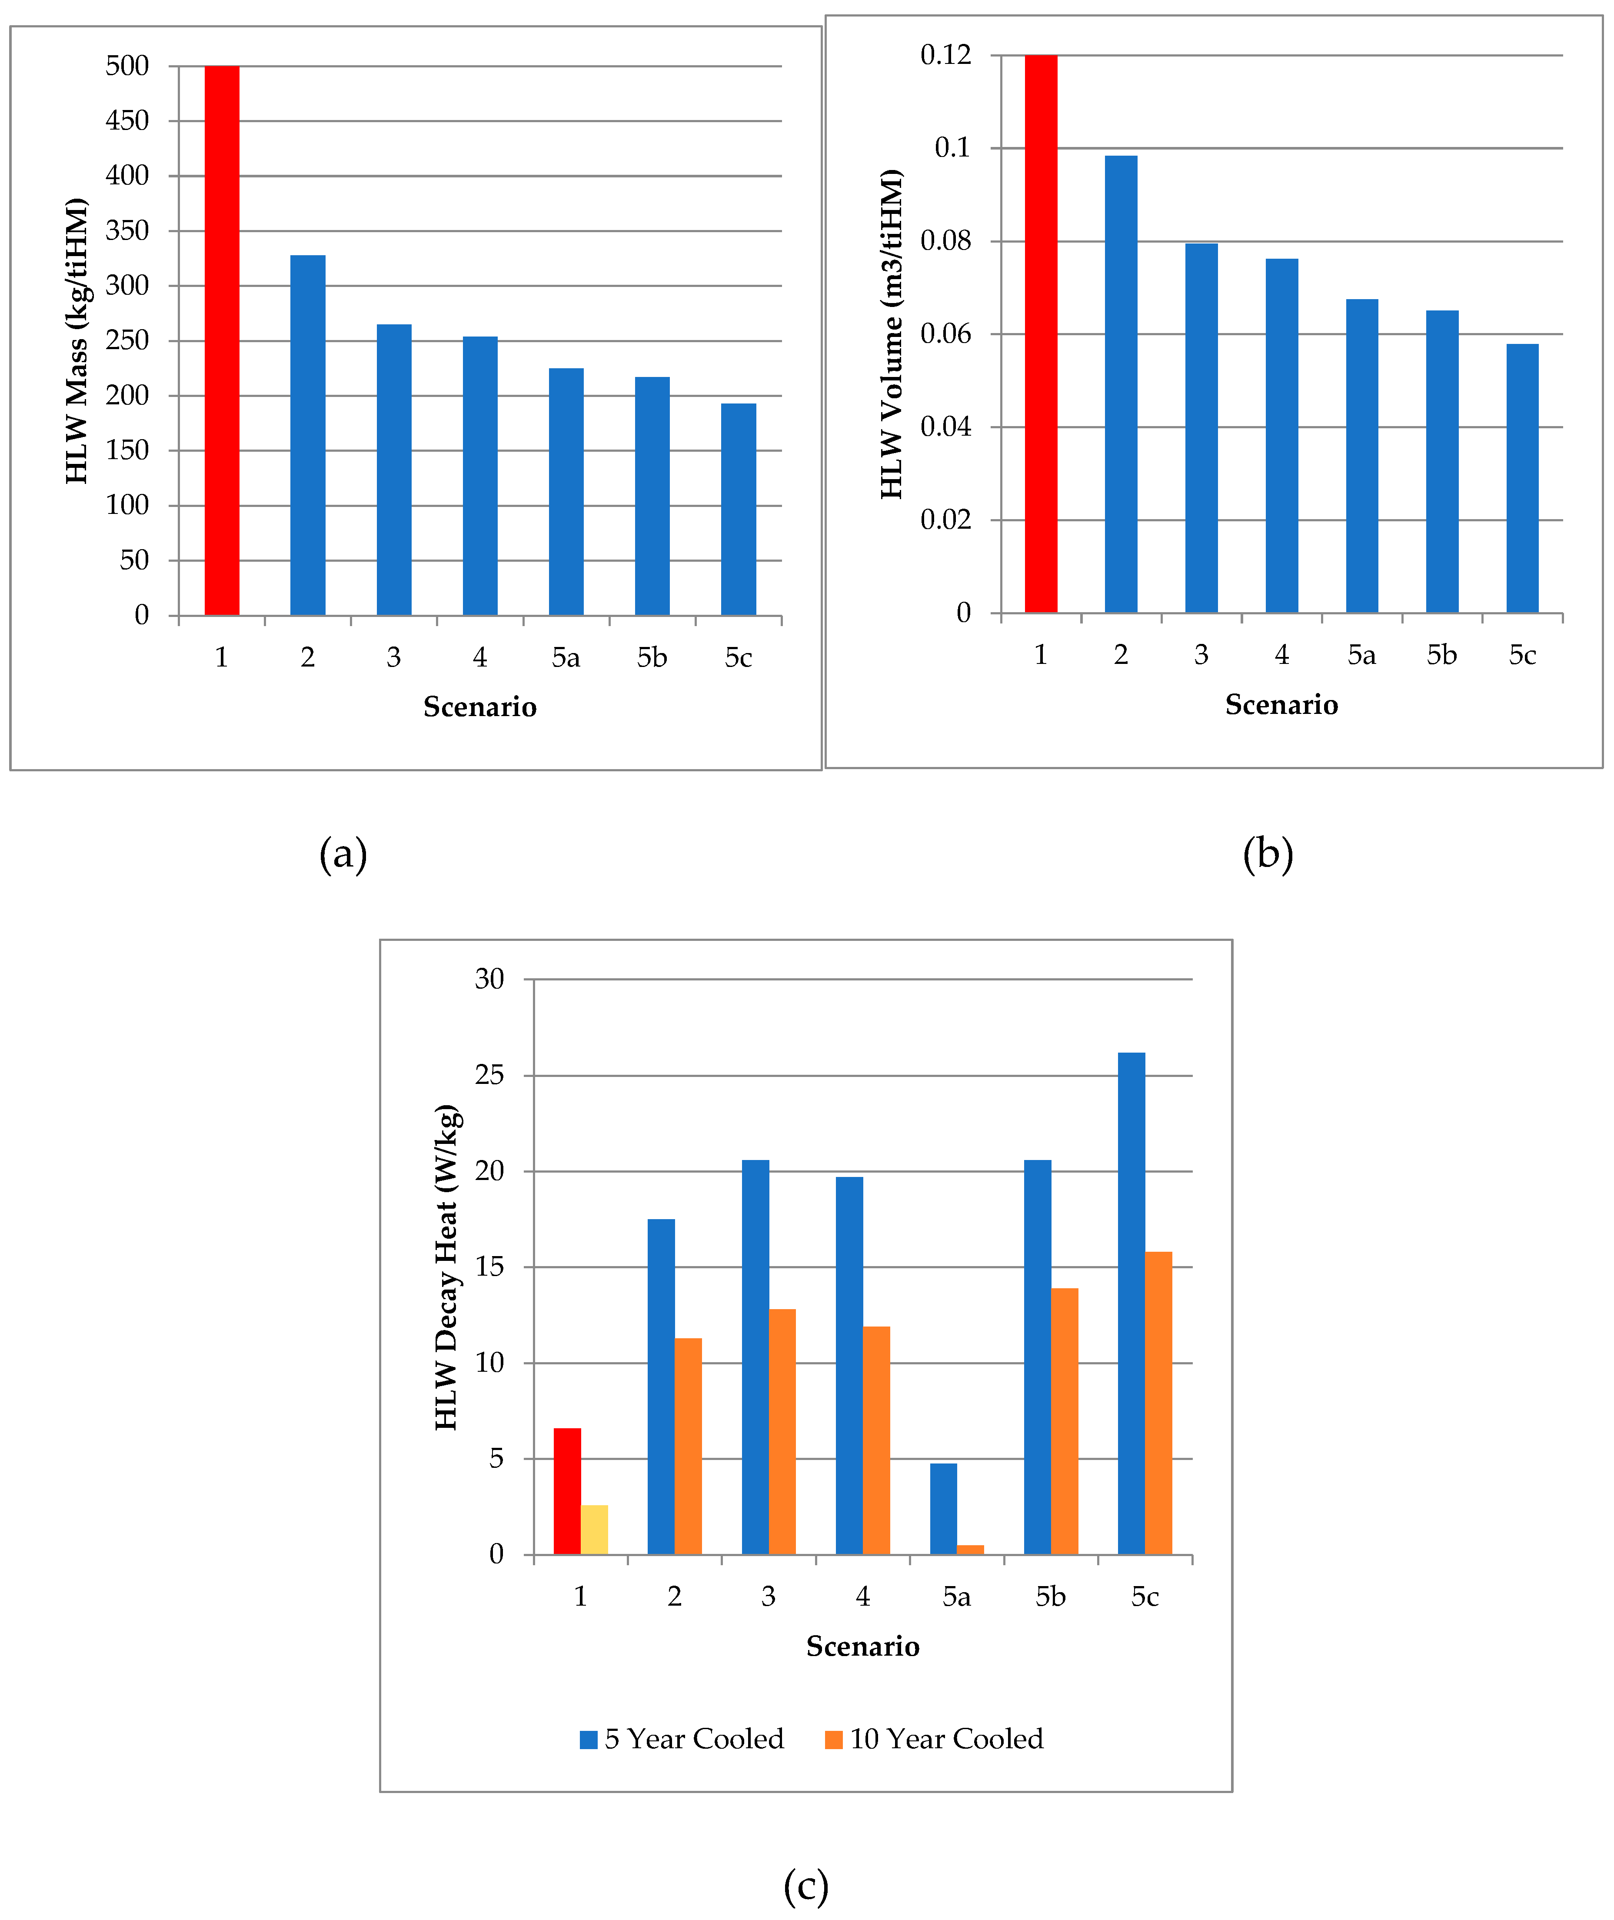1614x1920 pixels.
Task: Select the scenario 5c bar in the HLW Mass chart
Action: click(739, 509)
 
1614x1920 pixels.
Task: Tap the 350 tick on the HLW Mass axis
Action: click(127, 230)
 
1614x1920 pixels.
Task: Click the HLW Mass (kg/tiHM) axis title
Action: click(77, 340)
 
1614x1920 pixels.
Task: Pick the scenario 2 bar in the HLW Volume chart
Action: click(1121, 384)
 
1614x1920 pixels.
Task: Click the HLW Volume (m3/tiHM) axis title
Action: click(892, 334)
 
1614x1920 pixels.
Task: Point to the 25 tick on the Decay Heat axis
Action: click(489, 1075)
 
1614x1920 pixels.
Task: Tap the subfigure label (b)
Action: click(1267, 854)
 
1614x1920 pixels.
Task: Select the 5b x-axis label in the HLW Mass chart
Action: click(652, 657)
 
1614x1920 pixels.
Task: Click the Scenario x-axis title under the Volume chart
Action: click(1281, 705)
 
